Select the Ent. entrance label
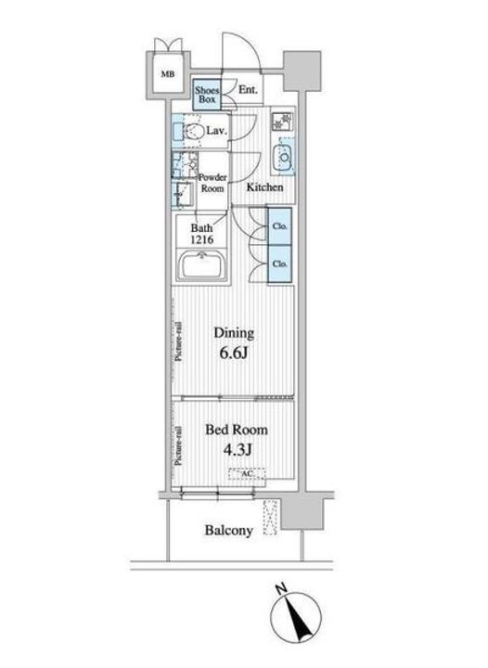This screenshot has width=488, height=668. click(248, 90)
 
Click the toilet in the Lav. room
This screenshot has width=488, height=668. click(192, 133)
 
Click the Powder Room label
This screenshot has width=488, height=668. click(213, 182)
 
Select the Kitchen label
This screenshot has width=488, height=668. click(264, 187)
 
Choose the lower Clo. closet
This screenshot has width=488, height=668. click(279, 263)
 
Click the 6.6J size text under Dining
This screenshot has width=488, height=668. click(235, 353)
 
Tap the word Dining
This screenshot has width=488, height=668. click(235, 332)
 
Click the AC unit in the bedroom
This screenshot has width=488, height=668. click(248, 476)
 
